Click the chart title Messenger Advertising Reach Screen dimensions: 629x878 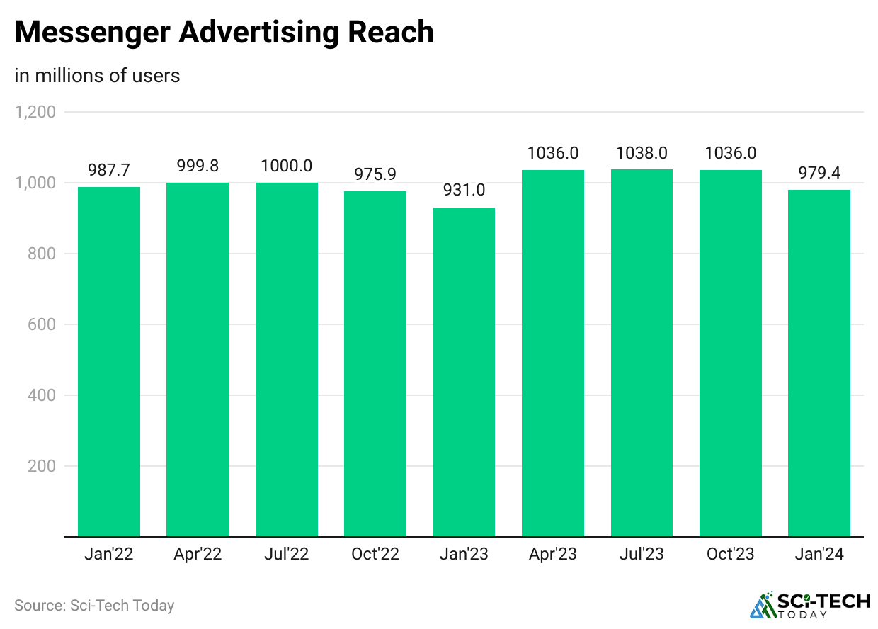[224, 33]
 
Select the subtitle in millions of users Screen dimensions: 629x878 [97, 75]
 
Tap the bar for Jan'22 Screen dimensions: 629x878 [109, 361]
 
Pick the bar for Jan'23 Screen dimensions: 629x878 [464, 372]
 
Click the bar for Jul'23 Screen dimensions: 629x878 [642, 353]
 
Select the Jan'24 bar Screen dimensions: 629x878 [819, 363]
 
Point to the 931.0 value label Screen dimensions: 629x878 [464, 191]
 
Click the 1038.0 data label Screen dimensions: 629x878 [642, 152]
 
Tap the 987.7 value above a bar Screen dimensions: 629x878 [109, 170]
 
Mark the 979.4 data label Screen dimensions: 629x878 [819, 173]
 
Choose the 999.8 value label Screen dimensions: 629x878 [198, 166]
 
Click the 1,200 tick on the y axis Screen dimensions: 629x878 [35, 112]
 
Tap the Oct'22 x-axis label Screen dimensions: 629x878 [375, 554]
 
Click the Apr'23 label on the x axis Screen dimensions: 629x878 [553, 554]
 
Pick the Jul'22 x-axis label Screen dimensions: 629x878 [287, 554]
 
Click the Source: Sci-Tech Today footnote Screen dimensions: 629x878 [94, 606]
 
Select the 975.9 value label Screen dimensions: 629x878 [375, 174]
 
